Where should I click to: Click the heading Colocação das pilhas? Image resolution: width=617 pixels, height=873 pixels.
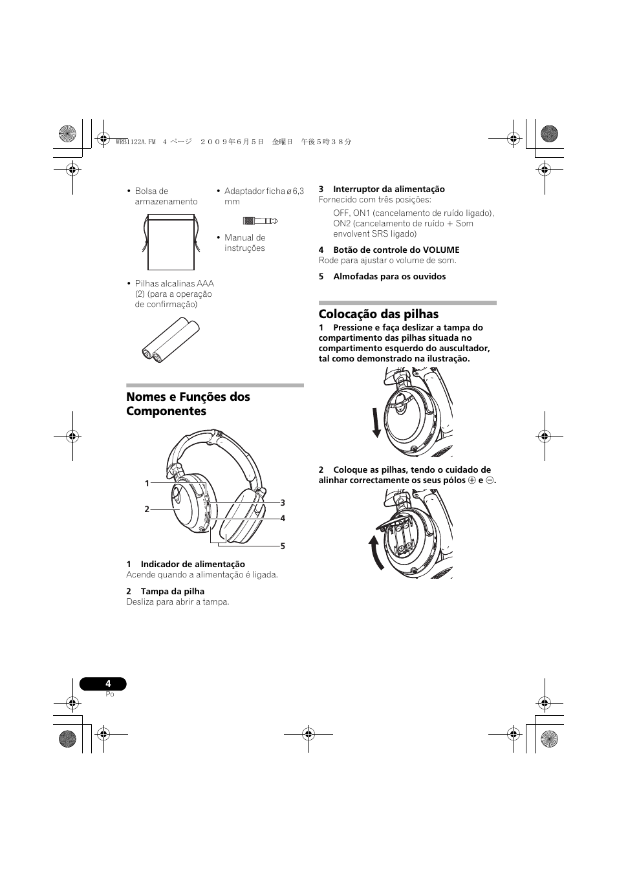pyautogui.click(x=378, y=314)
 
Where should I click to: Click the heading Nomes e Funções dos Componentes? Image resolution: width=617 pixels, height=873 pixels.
pyautogui.click(x=188, y=404)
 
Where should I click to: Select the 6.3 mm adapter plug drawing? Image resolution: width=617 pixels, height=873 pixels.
pyautogui.click(x=260, y=221)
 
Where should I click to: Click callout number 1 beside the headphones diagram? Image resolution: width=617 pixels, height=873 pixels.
pyautogui.click(x=147, y=483)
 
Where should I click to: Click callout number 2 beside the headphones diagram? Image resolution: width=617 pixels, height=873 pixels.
pyautogui.click(x=147, y=509)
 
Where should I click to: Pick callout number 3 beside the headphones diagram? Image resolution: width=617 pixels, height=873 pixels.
pyautogui.click(x=283, y=502)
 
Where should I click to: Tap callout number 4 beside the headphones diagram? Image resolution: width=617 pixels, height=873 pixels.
pyautogui.click(x=283, y=518)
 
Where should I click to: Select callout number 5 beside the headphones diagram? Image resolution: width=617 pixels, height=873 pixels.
pyautogui.click(x=283, y=546)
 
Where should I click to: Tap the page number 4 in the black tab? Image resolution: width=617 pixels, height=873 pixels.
pyautogui.click(x=108, y=684)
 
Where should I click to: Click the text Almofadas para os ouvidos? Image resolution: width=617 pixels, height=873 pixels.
pyautogui.click(x=389, y=276)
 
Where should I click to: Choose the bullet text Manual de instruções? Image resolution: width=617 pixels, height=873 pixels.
pyautogui.click(x=244, y=242)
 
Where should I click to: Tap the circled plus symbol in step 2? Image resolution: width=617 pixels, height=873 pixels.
pyautogui.click(x=472, y=480)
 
